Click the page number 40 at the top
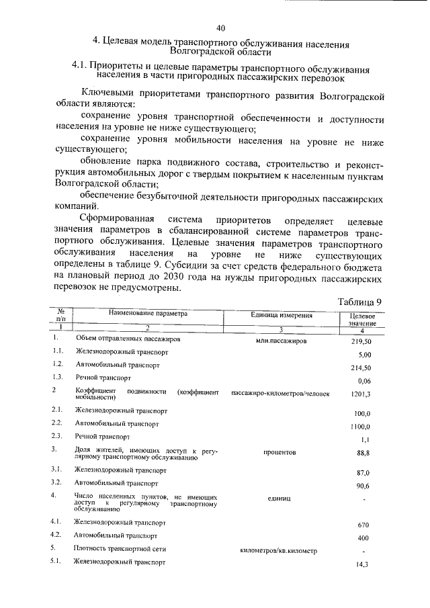click(x=221, y=28)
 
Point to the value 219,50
click(x=361, y=341)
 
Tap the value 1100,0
click(x=361, y=427)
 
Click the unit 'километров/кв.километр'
click(x=278, y=551)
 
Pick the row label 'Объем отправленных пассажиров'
click(x=128, y=339)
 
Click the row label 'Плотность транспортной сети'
click(x=116, y=549)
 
